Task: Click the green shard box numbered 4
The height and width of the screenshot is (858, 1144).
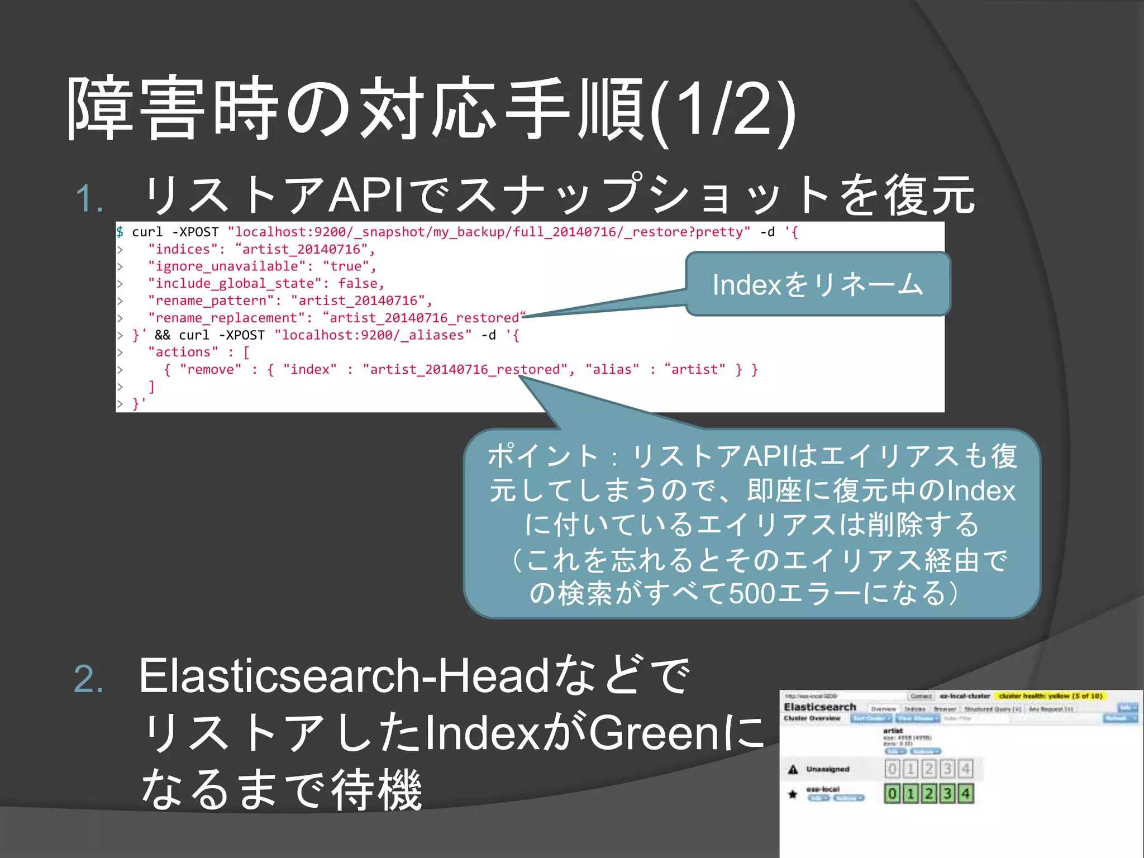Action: [x=966, y=794]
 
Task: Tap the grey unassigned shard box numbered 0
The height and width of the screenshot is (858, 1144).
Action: [x=892, y=769]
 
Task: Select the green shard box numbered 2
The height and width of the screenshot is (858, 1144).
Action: [x=929, y=794]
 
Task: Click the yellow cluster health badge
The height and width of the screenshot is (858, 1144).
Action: [x=1050, y=696]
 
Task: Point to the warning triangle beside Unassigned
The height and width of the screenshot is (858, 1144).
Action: [x=793, y=770]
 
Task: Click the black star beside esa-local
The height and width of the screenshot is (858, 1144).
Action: [x=793, y=794]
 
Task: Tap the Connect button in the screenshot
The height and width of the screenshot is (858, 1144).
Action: [x=921, y=696]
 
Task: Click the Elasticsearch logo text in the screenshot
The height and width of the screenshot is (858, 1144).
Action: [x=819, y=707]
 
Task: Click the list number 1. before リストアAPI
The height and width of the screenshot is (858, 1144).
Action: [x=89, y=199]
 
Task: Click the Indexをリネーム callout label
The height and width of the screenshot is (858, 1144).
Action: [x=817, y=284]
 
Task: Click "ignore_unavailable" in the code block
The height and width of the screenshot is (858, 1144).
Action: [x=227, y=266]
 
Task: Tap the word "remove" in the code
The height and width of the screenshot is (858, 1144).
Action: [x=211, y=369]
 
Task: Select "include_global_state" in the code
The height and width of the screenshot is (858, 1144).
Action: [x=235, y=284]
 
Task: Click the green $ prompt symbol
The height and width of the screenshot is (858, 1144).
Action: [x=120, y=232]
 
